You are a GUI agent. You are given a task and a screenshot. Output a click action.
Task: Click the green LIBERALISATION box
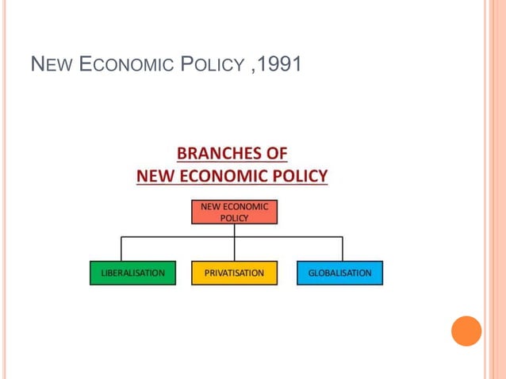point(132,273)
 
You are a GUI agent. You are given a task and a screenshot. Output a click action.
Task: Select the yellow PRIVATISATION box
point(234,273)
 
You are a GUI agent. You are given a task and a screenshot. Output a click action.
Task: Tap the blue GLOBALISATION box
point(339,273)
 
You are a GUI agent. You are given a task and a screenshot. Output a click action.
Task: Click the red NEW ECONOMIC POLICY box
point(234,212)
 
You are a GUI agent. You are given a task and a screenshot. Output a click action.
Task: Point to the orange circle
point(466,331)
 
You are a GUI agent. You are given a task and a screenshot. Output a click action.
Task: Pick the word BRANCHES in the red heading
point(217,153)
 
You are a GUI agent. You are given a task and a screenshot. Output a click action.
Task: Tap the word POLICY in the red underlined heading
point(300,175)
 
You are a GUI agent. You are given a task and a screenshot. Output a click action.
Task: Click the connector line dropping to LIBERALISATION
point(121,248)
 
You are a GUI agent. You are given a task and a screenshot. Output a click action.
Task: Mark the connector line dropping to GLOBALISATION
point(343,248)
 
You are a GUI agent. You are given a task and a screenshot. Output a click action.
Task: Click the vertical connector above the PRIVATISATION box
point(234,248)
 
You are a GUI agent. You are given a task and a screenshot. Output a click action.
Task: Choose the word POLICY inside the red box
point(234,218)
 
